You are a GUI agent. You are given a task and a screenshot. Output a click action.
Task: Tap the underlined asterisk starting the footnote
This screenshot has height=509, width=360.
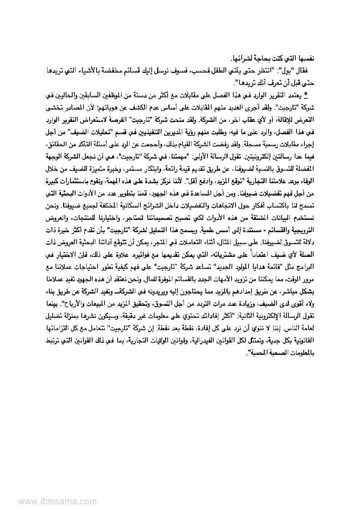[306, 96]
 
